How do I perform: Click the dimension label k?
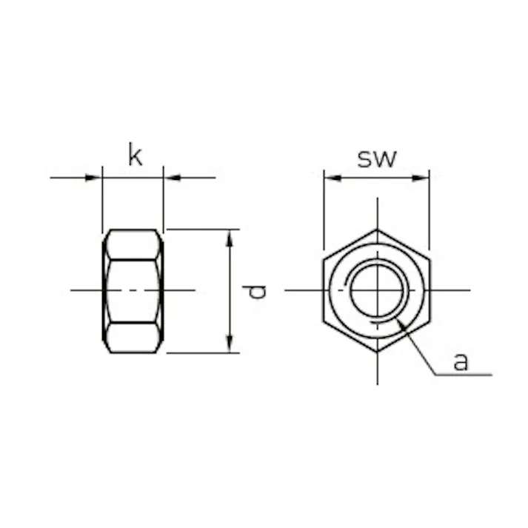pos(134,156)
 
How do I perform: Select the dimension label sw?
pos(377,158)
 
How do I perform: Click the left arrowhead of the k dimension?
pos(95,178)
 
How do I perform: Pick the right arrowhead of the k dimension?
pos(170,178)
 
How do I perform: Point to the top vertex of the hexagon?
pos(377,230)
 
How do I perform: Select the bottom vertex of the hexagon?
pos(377,352)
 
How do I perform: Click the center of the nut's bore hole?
pos(377,290)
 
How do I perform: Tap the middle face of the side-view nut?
pos(133,290)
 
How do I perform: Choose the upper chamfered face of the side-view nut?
pos(133,244)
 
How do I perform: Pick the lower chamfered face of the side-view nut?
pos(133,337)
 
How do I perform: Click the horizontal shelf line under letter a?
pos(463,375)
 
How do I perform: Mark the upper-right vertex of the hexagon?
pos(430,259)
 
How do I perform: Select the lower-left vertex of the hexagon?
pos(324,321)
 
